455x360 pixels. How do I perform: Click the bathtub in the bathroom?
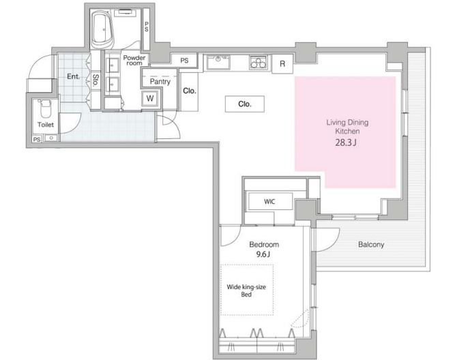pyautogui.click(x=102, y=29)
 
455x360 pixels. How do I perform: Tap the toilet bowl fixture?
pyautogui.click(x=45, y=108)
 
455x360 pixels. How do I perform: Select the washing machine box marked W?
pyautogui.click(x=149, y=98)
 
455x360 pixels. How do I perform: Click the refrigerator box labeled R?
pyautogui.click(x=282, y=63)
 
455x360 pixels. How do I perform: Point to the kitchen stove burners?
pyautogui.click(x=259, y=63)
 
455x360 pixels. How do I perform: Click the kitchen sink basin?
pyautogui.click(x=218, y=63)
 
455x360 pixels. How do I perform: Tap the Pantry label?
pyautogui.click(x=160, y=82)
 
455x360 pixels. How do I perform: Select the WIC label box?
pyautogui.click(x=270, y=201)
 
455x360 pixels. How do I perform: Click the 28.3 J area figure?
pyautogui.click(x=346, y=142)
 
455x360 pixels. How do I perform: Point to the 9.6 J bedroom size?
pyautogui.click(x=263, y=254)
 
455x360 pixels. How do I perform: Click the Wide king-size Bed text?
pyautogui.click(x=246, y=290)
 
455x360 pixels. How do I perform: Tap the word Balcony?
pyautogui.click(x=371, y=245)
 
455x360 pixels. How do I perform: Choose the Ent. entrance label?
pyautogui.click(x=73, y=76)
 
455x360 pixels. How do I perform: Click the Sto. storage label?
pyautogui.click(x=96, y=80)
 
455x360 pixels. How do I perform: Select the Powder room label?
pyautogui.click(x=134, y=60)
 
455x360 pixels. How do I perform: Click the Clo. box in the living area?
pyautogui.click(x=245, y=104)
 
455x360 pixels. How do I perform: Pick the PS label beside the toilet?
pyautogui.click(x=37, y=140)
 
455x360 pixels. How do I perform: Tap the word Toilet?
pyautogui.click(x=46, y=125)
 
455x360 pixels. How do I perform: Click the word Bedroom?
pyautogui.click(x=264, y=245)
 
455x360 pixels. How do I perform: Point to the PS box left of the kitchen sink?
pyautogui.click(x=184, y=61)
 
